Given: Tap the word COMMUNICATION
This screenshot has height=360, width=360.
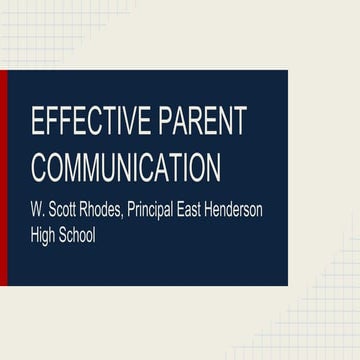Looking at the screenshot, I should [125, 165].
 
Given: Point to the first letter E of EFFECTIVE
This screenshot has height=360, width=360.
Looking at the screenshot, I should [38, 121].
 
